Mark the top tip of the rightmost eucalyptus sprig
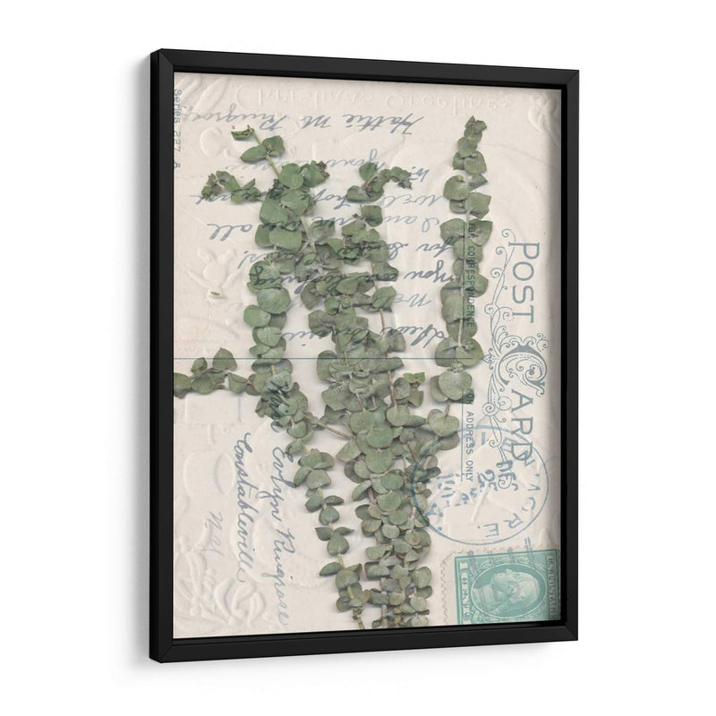(x=473, y=120)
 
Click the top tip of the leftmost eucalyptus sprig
(x=242, y=132)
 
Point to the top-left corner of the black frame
(x=151, y=52)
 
